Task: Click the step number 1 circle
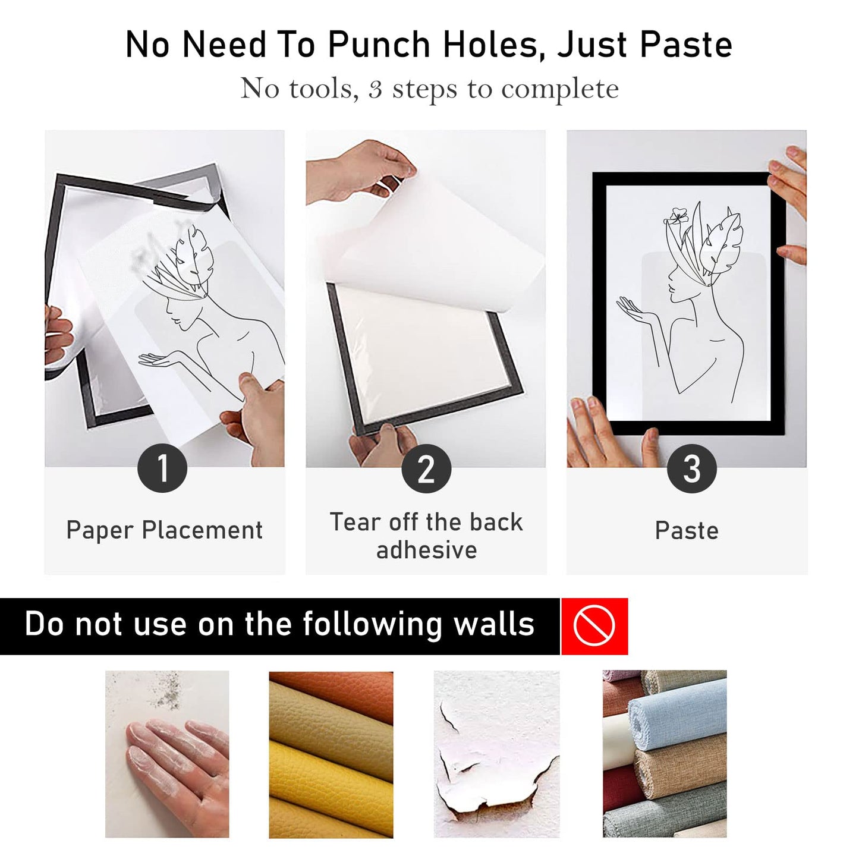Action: pyautogui.click(x=162, y=468)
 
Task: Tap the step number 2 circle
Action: pyautogui.click(x=426, y=468)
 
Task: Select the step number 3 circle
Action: pyautogui.click(x=691, y=468)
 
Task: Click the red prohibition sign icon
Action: pyautogui.click(x=594, y=626)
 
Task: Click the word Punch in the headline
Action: pyautogui.click(x=379, y=45)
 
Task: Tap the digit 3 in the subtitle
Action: pyautogui.click(x=375, y=89)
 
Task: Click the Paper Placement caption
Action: pyautogui.click(x=165, y=530)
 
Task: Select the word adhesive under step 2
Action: pyautogui.click(x=426, y=550)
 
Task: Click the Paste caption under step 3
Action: pyautogui.click(x=687, y=531)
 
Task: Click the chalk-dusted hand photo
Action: pyautogui.click(x=167, y=754)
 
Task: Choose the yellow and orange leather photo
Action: pyautogui.click(x=331, y=754)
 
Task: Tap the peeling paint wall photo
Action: pyautogui.click(x=496, y=754)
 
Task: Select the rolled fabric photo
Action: pyautogui.click(x=665, y=754)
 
